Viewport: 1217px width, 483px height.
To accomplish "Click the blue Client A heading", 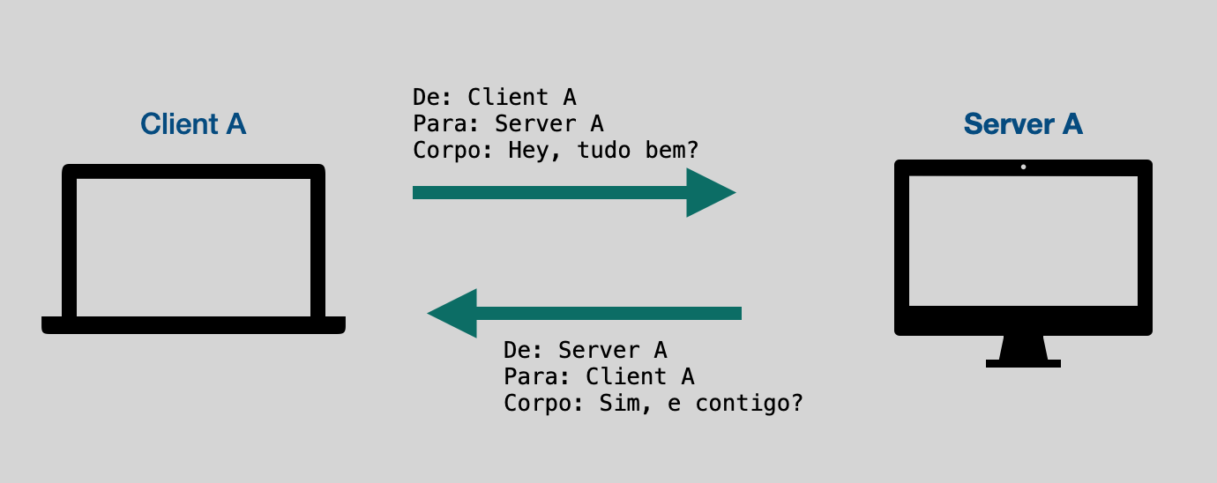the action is (x=193, y=123).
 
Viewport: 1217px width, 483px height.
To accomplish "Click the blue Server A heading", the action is (x=1023, y=123).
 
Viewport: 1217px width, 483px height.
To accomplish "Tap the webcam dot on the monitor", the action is (x=1024, y=167).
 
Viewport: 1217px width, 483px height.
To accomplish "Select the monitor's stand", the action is (x=1024, y=352).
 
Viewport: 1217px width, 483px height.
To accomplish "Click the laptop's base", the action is (x=193, y=325).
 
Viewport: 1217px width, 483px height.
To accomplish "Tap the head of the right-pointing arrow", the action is (x=711, y=193).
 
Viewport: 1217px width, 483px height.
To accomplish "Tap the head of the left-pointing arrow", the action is (x=452, y=313).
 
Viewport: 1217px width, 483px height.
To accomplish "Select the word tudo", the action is (x=603, y=151).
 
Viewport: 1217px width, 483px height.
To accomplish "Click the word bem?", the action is (x=671, y=151).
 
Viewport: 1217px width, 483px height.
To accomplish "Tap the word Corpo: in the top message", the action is (x=452, y=151).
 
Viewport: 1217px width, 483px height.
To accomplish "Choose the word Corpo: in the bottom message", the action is (x=543, y=404).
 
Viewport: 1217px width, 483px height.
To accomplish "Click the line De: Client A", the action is (x=495, y=98).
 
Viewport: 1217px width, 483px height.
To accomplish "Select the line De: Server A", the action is (x=586, y=351).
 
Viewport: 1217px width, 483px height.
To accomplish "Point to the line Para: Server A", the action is (x=509, y=123).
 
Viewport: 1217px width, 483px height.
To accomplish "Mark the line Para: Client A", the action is (x=600, y=376).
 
